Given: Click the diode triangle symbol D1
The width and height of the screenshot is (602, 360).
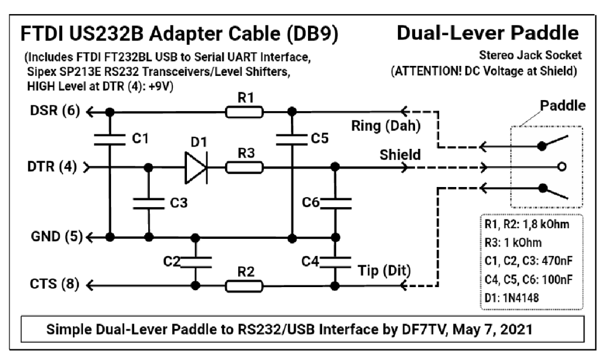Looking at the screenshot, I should pos(195,167).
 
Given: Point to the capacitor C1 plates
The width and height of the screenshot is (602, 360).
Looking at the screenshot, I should pos(110,138).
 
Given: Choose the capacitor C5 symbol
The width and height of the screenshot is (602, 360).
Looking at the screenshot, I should pos(292,139).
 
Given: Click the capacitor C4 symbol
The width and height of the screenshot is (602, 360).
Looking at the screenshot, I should pos(335,259).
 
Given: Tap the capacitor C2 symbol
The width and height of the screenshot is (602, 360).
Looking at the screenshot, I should pos(193,259).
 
